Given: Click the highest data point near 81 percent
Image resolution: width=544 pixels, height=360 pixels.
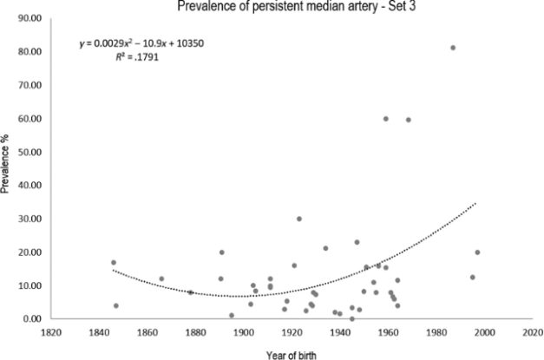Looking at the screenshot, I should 453,48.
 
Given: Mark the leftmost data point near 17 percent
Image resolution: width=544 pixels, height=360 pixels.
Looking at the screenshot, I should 114,263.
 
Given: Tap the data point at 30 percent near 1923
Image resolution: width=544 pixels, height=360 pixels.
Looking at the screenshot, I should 299,219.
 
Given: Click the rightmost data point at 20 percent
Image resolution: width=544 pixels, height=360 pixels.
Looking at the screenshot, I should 477,252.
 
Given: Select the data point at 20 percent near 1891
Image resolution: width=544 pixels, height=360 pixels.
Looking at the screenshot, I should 222,252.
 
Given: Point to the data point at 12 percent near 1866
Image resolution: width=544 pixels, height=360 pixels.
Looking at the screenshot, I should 161,279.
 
